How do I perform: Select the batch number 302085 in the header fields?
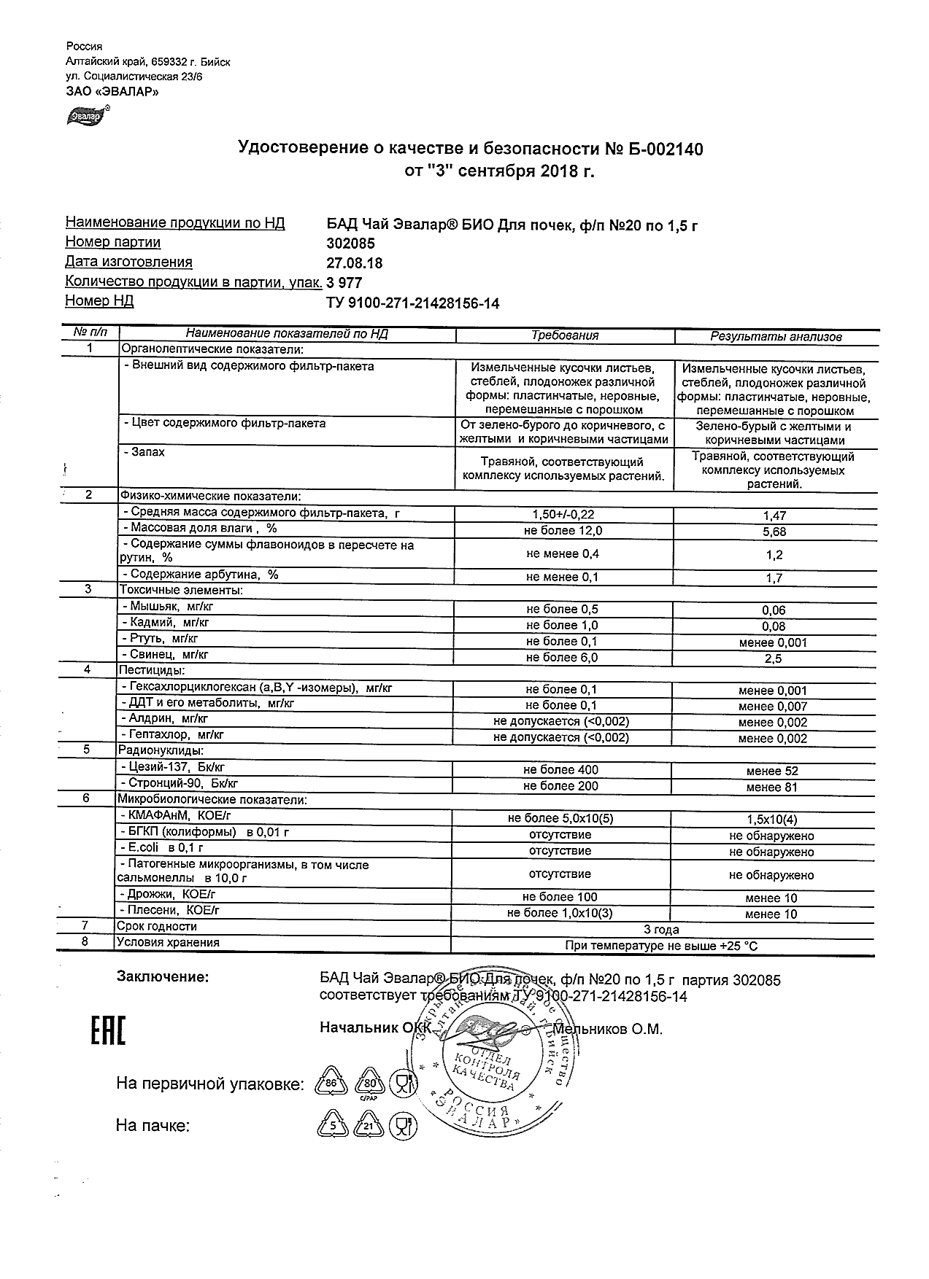pyautogui.click(x=350, y=244)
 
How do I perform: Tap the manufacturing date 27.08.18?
pyautogui.click(x=354, y=263)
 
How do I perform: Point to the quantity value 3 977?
pyautogui.click(x=344, y=283)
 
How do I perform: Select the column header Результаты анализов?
pyautogui.click(x=776, y=336)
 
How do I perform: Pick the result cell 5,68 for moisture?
pyautogui.click(x=774, y=532)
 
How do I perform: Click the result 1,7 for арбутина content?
pyautogui.click(x=774, y=578)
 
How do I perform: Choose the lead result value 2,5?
pyautogui.click(x=774, y=658)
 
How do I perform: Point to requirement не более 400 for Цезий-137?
pyautogui.click(x=560, y=770)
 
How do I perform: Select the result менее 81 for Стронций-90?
pyautogui.click(x=772, y=787)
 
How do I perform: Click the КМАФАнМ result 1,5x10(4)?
pyautogui.click(x=772, y=819)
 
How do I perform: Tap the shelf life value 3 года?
pyautogui.click(x=661, y=929)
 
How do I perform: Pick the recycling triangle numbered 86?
pyautogui.click(x=331, y=1084)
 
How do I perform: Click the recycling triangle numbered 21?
pyautogui.click(x=369, y=1126)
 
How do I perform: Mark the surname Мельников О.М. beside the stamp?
pyautogui.click(x=608, y=1030)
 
